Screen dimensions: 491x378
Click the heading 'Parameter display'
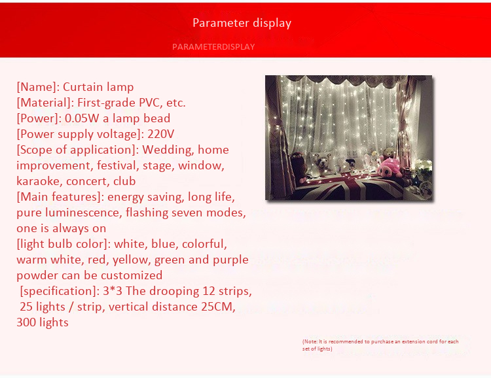[242, 23]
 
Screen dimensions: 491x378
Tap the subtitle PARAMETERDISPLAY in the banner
[213, 47]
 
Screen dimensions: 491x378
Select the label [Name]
[38, 87]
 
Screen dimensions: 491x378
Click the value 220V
[160, 134]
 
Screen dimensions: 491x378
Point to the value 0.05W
[82, 118]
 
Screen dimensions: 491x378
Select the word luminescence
[84, 213]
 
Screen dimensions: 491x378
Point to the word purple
[231, 260]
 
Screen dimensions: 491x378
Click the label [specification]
[60, 291]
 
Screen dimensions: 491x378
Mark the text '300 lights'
[43, 322]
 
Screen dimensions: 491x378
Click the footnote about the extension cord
[380, 345]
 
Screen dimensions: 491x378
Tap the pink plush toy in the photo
[390, 168]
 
